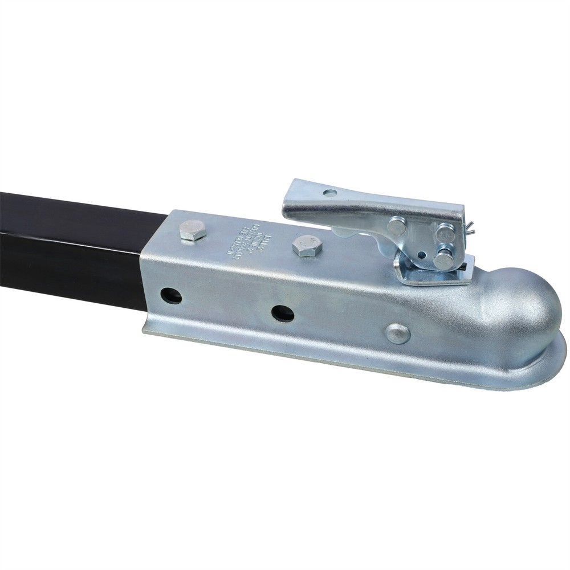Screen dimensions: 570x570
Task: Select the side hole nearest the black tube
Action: [x=171, y=295]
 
